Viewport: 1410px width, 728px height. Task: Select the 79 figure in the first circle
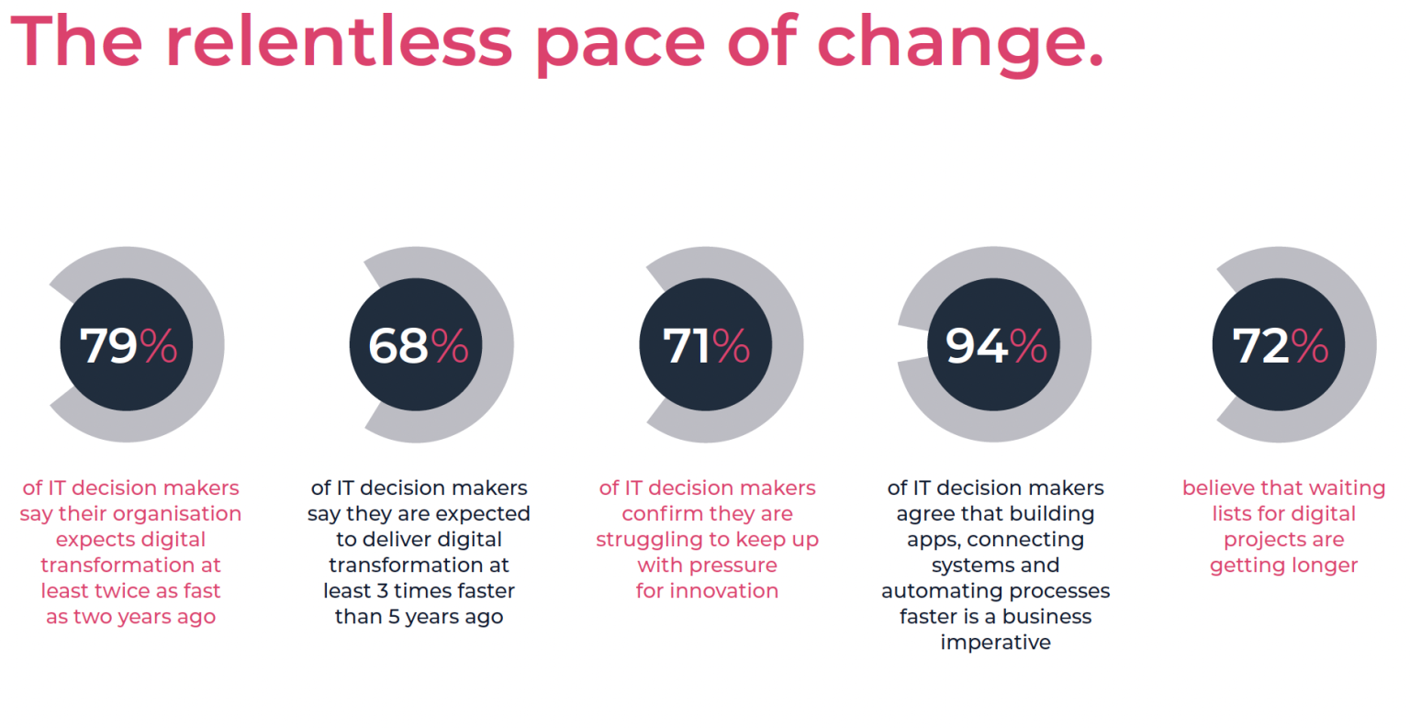pos(108,346)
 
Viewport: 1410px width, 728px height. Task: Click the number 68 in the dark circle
pos(398,346)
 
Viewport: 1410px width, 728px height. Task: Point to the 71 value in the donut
pos(686,346)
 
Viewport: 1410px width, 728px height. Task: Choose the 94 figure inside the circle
pos(977,346)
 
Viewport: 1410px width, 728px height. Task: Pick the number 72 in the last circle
pos(1260,346)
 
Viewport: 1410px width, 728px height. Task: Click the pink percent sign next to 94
pos(1028,346)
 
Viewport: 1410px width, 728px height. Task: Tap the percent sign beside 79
pos(159,346)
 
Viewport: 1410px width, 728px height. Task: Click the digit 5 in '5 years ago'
pos(393,617)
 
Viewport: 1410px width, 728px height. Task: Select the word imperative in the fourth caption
pos(995,643)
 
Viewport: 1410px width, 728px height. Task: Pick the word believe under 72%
pos(1217,488)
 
